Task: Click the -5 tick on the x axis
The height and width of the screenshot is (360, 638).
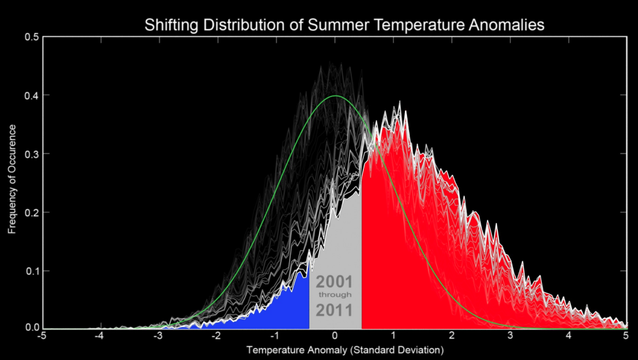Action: tap(43, 337)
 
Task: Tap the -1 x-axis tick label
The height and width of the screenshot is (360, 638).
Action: tap(276, 337)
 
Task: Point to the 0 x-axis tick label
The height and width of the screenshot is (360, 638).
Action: tap(335, 337)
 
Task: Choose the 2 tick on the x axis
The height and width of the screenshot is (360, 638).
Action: tap(452, 337)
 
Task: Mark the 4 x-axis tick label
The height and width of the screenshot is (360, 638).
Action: tap(569, 337)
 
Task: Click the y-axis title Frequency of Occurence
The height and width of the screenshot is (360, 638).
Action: tap(12, 179)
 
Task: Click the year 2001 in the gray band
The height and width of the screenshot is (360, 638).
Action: tap(334, 283)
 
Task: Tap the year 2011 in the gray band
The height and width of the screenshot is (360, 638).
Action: tap(334, 310)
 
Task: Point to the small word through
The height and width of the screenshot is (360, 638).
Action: tap(335, 295)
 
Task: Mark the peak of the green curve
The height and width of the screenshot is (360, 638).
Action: tap(335, 96)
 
